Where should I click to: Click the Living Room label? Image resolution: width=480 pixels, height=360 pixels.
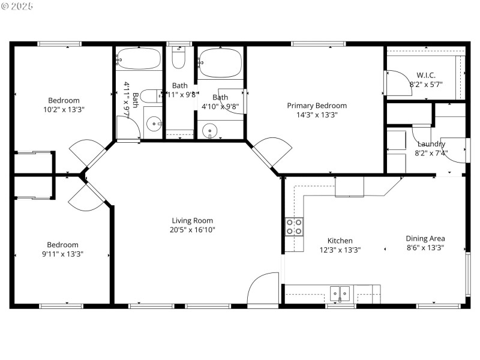coord(192,220)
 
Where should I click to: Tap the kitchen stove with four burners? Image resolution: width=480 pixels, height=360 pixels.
coord(294,226)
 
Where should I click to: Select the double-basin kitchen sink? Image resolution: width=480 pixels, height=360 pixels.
coord(341,293)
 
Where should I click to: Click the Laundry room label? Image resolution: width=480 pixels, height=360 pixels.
coord(431,144)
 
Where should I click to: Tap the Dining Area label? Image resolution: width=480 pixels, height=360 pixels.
coord(425,238)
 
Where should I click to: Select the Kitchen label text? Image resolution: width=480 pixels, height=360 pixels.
coord(340,241)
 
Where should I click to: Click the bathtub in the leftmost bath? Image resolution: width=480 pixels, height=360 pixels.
coord(139,59)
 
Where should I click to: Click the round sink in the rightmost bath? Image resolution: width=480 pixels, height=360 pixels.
coord(210,130)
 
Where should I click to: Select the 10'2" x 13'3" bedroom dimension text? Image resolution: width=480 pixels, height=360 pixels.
coord(63,110)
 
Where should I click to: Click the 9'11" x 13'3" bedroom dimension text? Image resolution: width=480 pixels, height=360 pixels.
coord(63,254)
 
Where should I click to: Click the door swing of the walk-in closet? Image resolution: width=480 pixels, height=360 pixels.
coord(394,83)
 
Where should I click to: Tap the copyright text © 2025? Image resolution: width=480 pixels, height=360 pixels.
coord(17,7)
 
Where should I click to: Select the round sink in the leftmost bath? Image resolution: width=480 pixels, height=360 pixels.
coord(154,124)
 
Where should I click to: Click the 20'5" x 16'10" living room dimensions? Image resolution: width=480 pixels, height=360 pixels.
coord(192,230)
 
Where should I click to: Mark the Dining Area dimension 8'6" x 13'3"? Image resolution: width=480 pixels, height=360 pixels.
coord(425,248)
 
